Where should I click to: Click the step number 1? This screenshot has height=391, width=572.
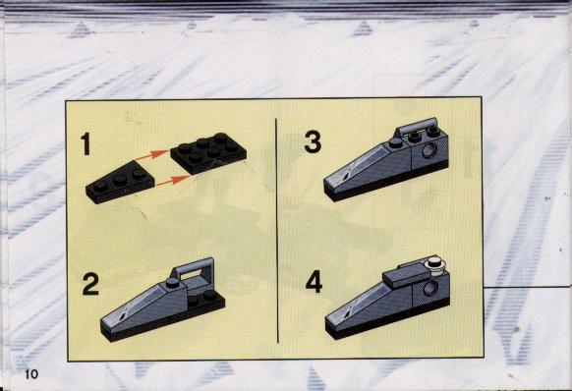[x=86, y=144]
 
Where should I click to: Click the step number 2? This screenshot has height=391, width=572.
[x=90, y=284]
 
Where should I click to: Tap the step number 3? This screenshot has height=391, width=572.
[x=313, y=141]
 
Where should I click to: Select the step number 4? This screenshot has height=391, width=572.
[x=314, y=282]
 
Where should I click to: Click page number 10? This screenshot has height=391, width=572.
[x=31, y=374]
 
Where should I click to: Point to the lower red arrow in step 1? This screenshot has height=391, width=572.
[x=173, y=181]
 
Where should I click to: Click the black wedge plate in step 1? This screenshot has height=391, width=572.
[x=120, y=183]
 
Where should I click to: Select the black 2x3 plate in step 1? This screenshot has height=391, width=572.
[x=208, y=152]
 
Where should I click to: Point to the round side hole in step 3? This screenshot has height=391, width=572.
[x=429, y=150]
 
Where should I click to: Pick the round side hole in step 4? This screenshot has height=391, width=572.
[x=430, y=288]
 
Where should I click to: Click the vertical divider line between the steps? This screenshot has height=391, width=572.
[x=277, y=230]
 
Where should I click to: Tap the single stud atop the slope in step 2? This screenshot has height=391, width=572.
[x=173, y=283]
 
